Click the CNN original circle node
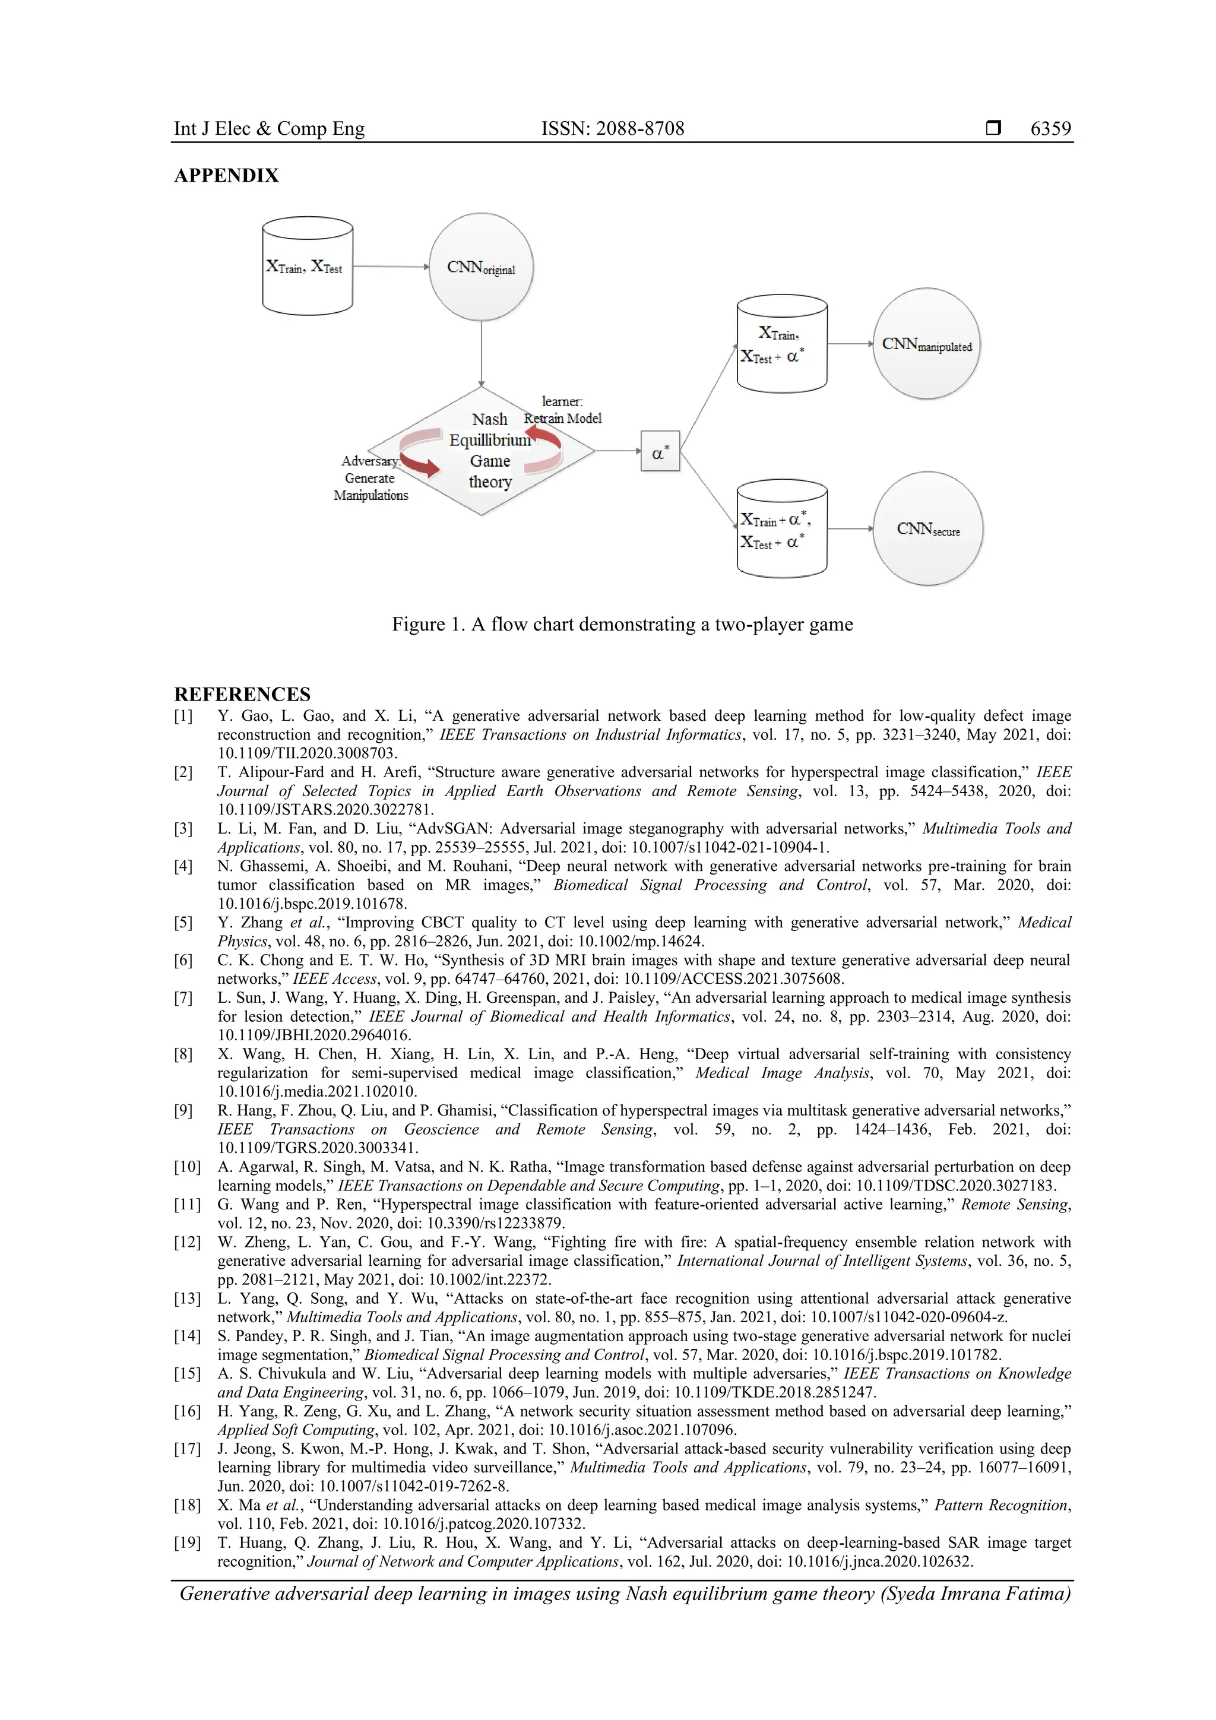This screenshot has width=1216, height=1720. click(x=480, y=267)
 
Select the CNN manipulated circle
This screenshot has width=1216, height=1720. click(x=926, y=344)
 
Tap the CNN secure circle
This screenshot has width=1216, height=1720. click(x=927, y=529)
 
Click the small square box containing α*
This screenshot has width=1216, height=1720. click(x=660, y=451)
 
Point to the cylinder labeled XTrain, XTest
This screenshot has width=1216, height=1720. click(x=307, y=267)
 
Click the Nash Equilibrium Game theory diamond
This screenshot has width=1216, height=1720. click(x=482, y=451)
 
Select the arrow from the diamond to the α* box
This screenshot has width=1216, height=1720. click(x=617, y=451)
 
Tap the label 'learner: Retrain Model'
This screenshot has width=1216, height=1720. click(x=563, y=410)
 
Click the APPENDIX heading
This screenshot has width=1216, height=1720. click(x=226, y=176)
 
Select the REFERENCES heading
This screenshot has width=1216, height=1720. click(x=242, y=693)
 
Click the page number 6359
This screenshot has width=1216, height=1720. click(x=1050, y=129)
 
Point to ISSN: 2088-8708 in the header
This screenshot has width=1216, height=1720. click(x=612, y=129)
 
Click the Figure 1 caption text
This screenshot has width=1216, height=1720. click(x=622, y=625)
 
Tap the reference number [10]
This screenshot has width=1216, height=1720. click(x=187, y=1167)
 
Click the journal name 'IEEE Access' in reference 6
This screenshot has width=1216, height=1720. click(x=334, y=978)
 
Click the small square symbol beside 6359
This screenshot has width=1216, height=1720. click(x=993, y=128)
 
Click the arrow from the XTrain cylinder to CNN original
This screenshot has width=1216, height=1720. click(x=389, y=267)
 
